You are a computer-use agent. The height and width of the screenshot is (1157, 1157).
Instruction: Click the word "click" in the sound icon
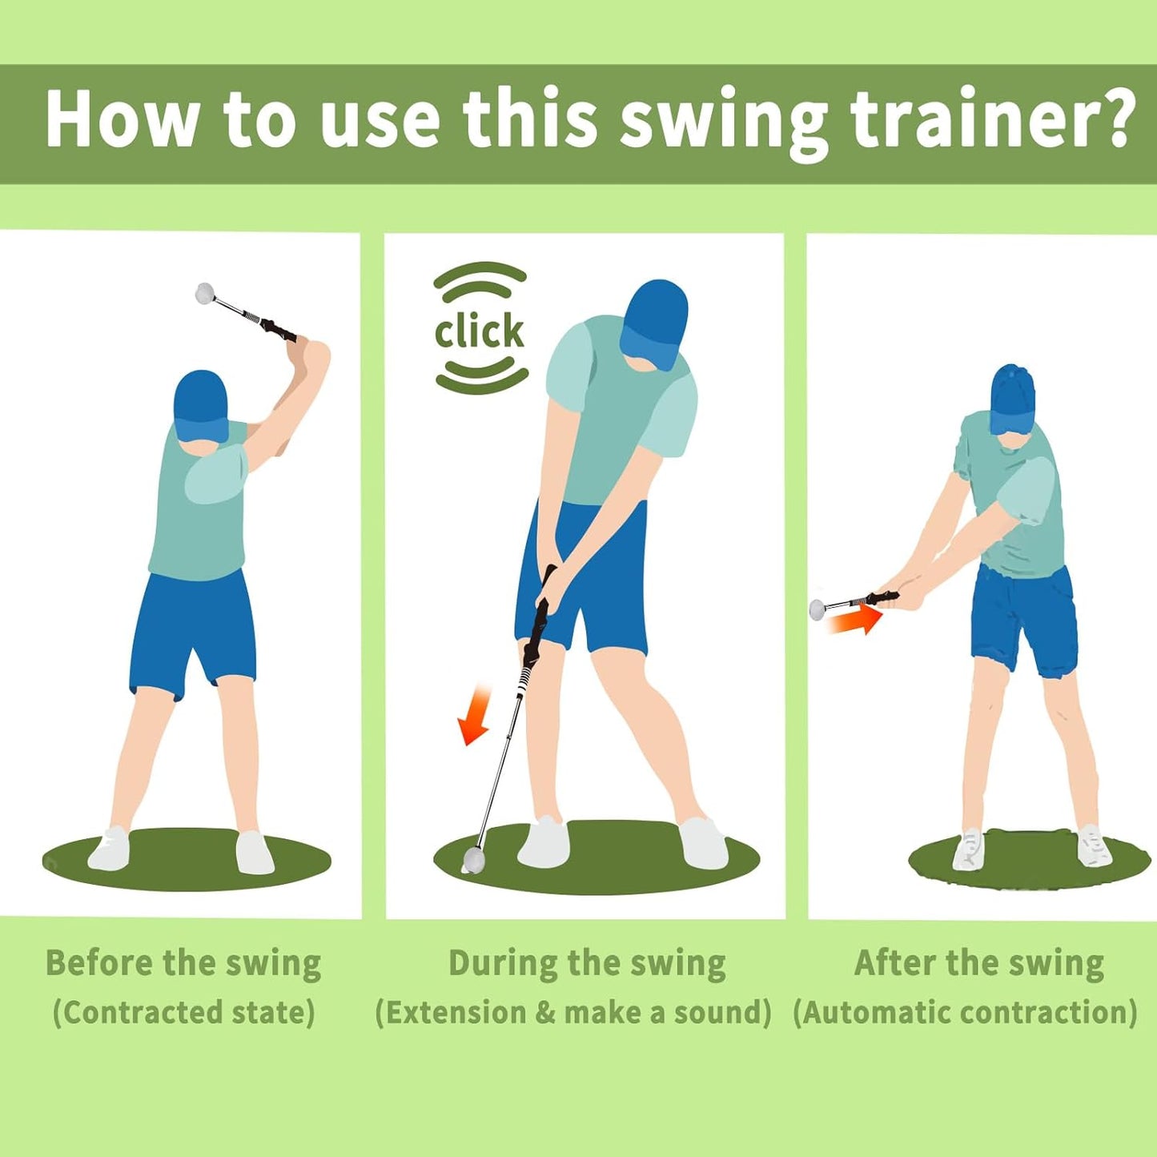coord(479,331)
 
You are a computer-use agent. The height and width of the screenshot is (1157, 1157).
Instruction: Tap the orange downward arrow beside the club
coord(475,715)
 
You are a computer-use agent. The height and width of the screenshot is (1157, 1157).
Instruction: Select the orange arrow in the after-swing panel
coord(856,621)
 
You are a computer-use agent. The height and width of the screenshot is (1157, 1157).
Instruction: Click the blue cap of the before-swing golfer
coord(200,404)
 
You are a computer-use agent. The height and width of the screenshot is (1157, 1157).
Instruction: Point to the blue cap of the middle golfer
coord(656,320)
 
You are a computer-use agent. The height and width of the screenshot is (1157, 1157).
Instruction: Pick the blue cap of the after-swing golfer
coord(1013,398)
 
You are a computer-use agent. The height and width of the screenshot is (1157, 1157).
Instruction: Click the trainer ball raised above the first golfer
coord(205,294)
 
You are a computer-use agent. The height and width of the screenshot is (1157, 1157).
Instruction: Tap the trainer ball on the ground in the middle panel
coord(474,860)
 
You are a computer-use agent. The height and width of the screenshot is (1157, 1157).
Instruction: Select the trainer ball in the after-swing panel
coord(818,609)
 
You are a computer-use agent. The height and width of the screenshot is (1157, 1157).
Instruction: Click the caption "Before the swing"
coord(183,963)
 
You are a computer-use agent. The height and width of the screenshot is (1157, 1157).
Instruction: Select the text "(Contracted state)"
coord(183,1012)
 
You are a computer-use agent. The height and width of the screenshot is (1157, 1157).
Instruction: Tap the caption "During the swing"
coord(587,963)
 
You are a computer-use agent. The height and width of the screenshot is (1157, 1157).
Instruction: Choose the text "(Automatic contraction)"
coord(965,1012)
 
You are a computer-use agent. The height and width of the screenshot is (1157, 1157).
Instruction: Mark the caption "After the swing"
coord(979,963)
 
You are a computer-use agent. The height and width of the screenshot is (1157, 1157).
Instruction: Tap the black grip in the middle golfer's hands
coord(541,617)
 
